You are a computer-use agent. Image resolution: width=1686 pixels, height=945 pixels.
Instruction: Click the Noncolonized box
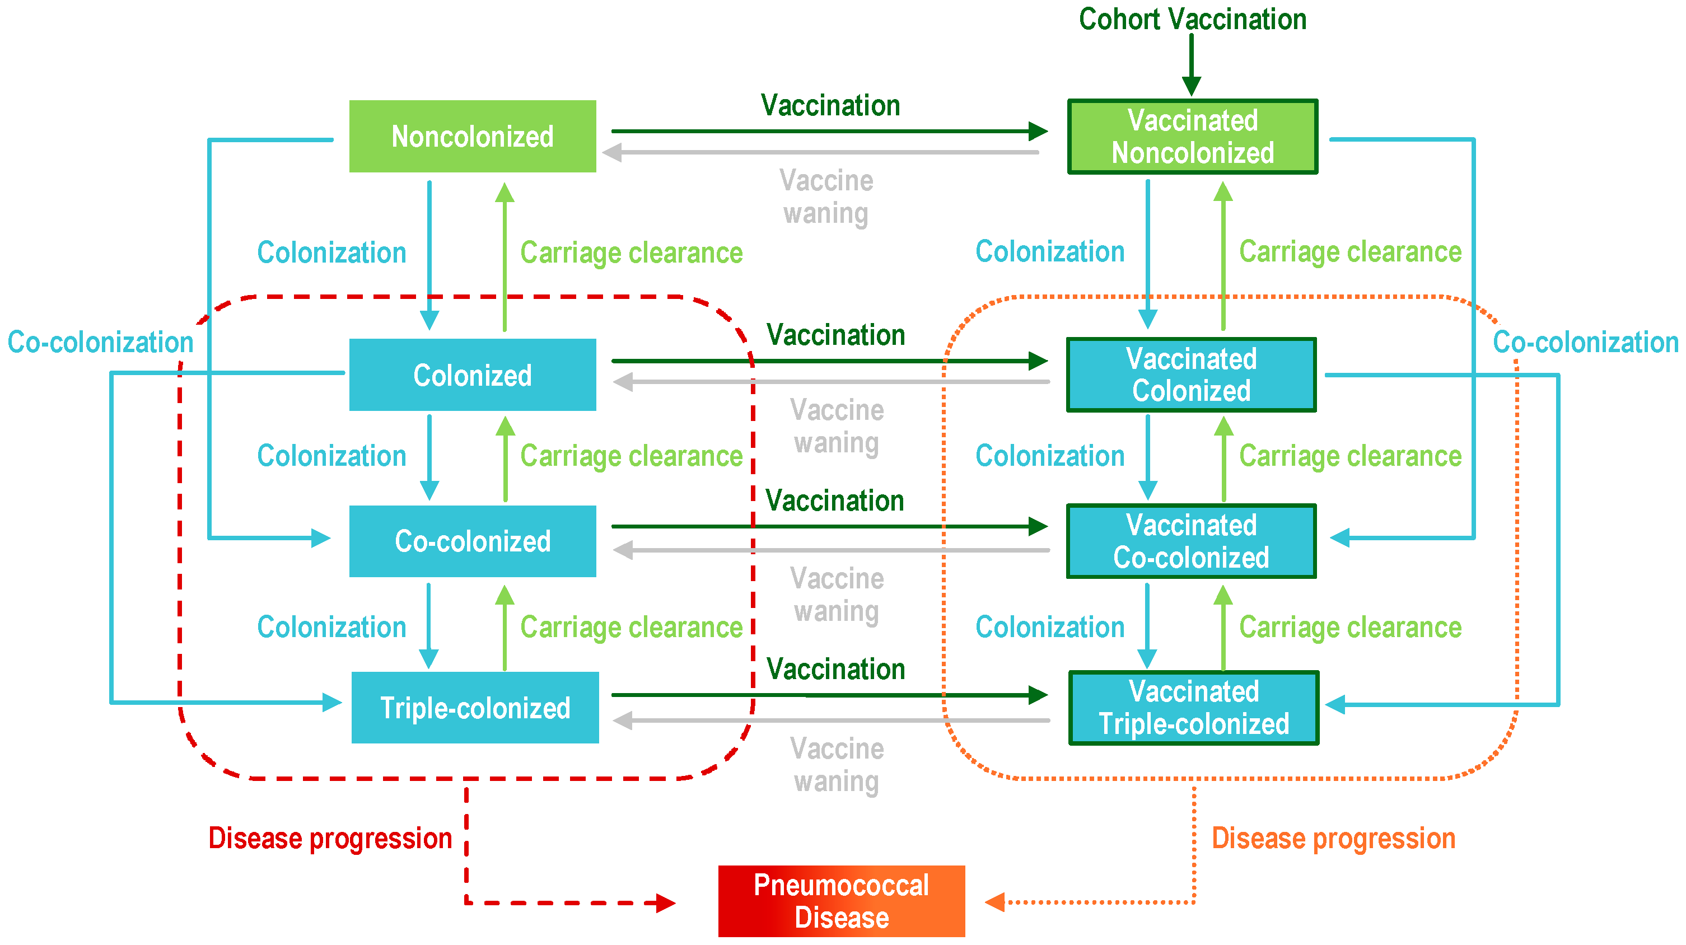(472, 136)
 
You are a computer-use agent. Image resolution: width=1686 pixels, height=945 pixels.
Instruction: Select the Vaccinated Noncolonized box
(1192, 136)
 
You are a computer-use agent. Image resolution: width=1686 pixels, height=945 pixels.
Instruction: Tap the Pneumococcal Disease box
(841, 901)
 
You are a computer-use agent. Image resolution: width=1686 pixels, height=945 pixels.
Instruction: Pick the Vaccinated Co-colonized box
(1191, 541)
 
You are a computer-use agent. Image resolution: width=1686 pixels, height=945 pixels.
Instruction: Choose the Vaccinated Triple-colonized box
(1193, 708)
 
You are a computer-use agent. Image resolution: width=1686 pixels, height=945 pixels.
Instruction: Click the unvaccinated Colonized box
(472, 375)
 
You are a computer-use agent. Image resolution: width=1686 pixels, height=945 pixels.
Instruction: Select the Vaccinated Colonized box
(1191, 375)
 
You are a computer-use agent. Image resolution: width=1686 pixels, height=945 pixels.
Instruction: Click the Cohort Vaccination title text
(1192, 19)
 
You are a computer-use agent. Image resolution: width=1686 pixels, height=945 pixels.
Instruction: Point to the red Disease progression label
(330, 838)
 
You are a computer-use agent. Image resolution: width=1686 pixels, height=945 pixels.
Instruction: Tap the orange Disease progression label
(1333, 838)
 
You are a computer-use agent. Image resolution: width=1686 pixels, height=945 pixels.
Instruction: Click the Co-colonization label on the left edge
(100, 341)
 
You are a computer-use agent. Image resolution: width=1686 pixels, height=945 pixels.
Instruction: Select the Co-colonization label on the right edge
(1585, 341)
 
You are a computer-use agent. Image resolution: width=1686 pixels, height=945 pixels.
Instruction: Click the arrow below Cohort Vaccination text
(1191, 66)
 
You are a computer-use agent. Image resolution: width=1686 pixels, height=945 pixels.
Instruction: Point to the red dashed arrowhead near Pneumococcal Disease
(665, 903)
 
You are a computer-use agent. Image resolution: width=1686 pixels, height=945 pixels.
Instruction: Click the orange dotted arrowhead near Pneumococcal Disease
(996, 902)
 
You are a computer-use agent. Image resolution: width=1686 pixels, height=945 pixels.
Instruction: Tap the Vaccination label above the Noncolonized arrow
(830, 105)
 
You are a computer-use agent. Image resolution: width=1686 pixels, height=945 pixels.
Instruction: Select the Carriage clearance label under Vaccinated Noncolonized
(1349, 251)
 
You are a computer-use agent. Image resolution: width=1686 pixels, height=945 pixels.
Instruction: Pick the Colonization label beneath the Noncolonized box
(331, 252)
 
